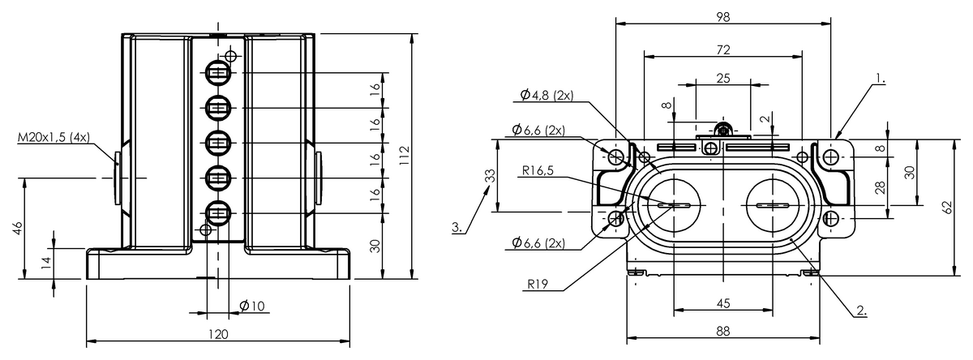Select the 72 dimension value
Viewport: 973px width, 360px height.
coord(723,49)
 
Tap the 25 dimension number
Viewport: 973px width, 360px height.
coord(723,78)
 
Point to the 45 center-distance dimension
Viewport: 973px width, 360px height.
coord(723,303)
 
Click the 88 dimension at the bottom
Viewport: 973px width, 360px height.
coord(723,331)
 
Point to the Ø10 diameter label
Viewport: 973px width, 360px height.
coord(252,306)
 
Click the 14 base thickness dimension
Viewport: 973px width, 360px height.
coord(47,261)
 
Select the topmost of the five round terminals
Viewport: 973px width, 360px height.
coord(218,73)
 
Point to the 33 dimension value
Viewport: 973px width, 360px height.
coord(488,176)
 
